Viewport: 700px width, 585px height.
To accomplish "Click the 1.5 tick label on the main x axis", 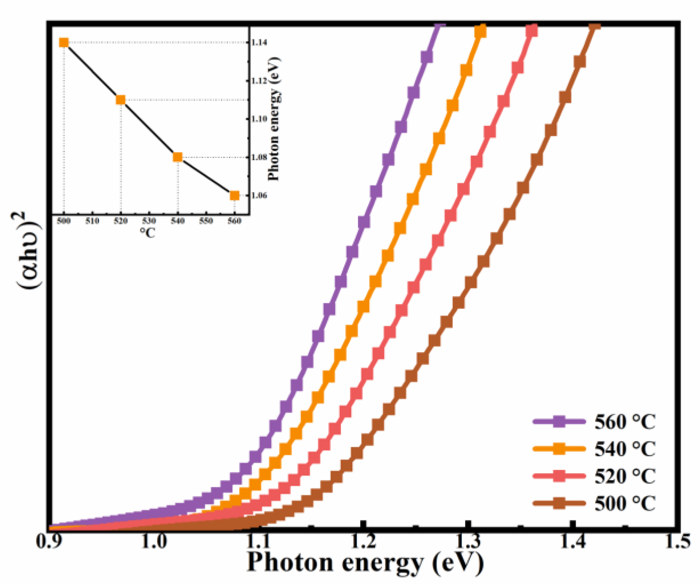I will tap(678, 541).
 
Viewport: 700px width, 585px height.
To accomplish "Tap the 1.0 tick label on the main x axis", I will tap(154, 541).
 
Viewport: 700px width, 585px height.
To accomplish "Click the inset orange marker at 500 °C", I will tap(64, 43).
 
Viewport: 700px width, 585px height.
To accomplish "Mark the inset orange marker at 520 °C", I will tap(120, 100).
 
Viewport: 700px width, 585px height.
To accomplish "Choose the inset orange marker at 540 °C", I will tap(177, 157).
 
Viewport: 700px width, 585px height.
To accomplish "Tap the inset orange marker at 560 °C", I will tap(234, 196).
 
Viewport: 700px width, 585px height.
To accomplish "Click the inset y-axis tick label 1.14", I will tap(259, 43).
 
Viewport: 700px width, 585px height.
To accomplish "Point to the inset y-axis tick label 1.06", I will tap(259, 196).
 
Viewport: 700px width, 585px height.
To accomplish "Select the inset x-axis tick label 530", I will tap(149, 221).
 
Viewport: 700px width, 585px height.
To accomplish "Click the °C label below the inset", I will tap(147, 232).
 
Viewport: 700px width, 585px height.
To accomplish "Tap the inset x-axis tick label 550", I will tap(206, 221).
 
